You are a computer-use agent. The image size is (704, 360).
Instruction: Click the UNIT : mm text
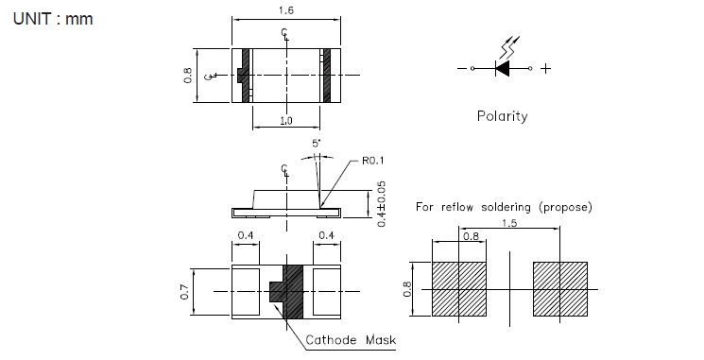53,19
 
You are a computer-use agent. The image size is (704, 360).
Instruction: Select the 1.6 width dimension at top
286,10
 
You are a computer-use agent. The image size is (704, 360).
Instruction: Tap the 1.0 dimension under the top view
286,120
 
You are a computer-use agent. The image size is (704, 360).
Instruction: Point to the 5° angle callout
317,144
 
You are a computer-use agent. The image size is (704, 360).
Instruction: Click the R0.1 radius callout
372,161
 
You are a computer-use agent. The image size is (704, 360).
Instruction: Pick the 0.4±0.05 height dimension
381,204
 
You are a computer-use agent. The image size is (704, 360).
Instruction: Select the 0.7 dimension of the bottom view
184,292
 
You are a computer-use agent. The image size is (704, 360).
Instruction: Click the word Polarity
502,116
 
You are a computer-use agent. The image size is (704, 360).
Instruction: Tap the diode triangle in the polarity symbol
503,68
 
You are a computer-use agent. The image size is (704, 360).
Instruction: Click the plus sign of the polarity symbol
545,68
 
